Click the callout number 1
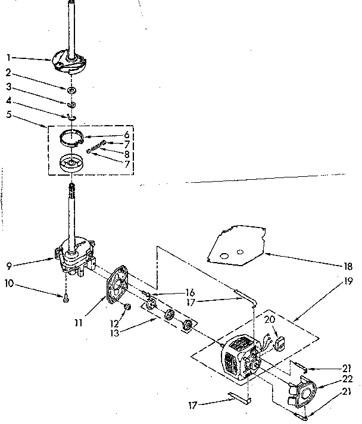(9, 58)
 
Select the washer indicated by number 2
(71, 89)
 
